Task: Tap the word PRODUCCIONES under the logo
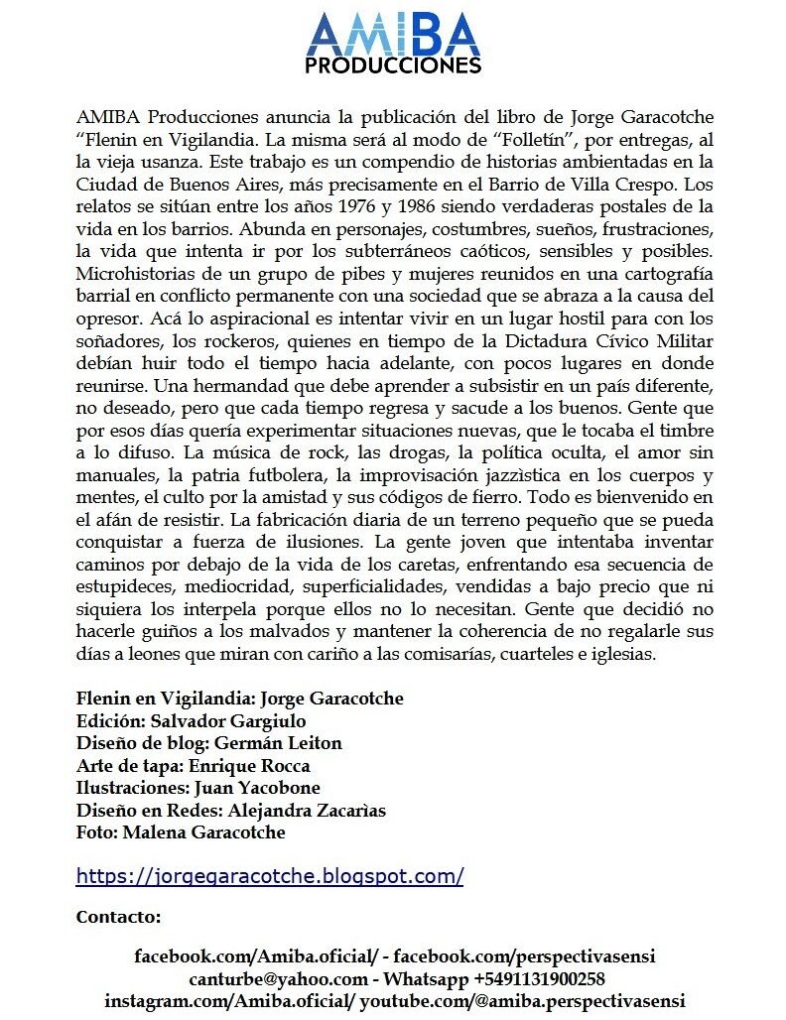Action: (x=394, y=65)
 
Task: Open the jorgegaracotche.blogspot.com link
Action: (x=270, y=877)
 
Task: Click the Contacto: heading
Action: (x=118, y=917)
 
